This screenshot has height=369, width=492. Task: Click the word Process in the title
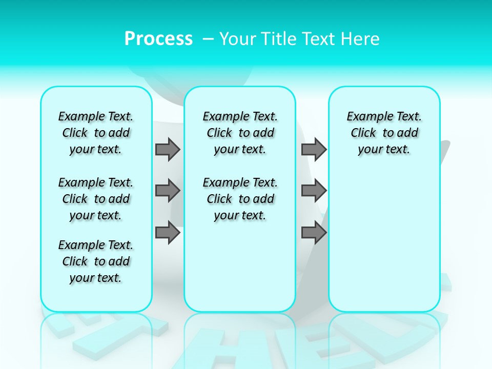(158, 38)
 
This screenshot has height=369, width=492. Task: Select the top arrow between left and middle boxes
(168, 149)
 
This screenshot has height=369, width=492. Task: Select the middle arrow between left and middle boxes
(168, 191)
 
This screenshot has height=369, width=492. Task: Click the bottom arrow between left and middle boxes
(168, 232)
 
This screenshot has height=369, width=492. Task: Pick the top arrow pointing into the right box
(314, 149)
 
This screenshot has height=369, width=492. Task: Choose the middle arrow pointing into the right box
(314, 191)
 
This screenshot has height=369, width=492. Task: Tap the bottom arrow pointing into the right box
(314, 232)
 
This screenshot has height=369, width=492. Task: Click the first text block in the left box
(96, 133)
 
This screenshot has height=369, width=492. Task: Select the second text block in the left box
(96, 199)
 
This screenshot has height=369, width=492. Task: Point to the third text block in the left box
(96, 261)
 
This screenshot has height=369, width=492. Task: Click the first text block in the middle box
(240, 133)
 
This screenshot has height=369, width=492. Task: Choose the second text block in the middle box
(240, 199)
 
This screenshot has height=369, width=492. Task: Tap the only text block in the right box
(384, 133)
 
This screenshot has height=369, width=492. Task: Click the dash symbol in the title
(208, 39)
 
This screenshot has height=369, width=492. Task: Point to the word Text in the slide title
(319, 39)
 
